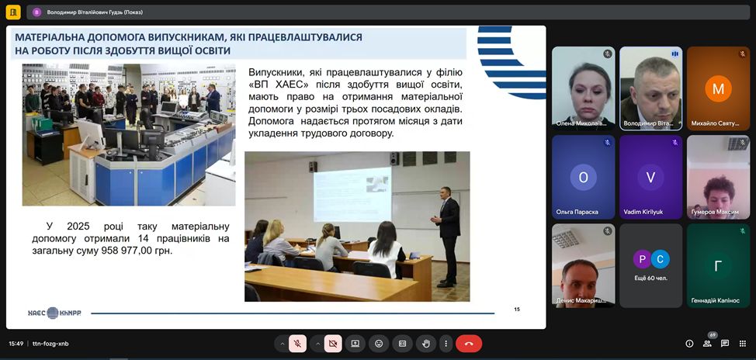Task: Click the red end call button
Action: click(469, 344)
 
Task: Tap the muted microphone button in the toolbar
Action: click(297, 344)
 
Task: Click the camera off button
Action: click(333, 344)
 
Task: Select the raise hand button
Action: click(426, 344)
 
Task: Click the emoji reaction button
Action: click(379, 344)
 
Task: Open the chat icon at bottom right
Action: click(725, 344)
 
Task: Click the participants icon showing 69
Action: click(707, 343)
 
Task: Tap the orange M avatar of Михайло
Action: click(719, 88)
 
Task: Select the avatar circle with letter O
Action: click(584, 178)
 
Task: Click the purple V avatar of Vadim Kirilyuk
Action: click(651, 178)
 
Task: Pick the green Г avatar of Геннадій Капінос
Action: click(719, 266)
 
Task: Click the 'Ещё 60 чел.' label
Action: click(651, 278)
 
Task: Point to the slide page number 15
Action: click(517, 310)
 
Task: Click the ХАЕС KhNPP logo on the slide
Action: click(54, 313)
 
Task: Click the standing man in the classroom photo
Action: click(447, 237)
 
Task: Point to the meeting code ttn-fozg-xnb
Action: click(50, 344)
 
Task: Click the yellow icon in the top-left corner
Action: click(13, 12)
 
